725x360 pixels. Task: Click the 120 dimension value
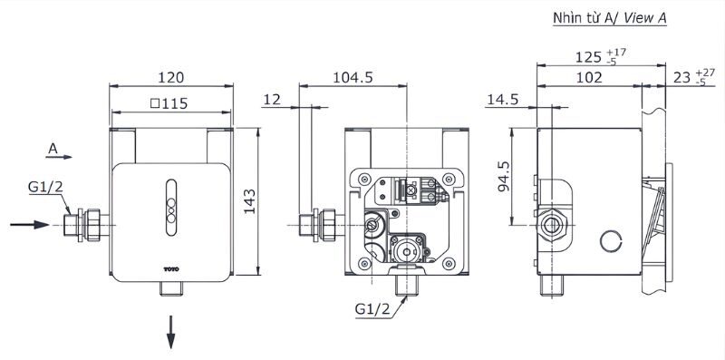[171, 77]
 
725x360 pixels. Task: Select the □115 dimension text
[169, 103]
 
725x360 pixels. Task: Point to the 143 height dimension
[249, 201]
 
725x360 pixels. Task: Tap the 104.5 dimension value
[353, 77]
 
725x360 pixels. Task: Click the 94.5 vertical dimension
[504, 176]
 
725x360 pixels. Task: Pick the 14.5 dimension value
[503, 100]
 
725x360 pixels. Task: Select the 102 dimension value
[589, 77]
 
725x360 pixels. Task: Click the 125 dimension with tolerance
[601, 56]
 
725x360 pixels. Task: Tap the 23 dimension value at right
[693, 77]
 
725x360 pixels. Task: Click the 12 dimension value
[273, 100]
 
